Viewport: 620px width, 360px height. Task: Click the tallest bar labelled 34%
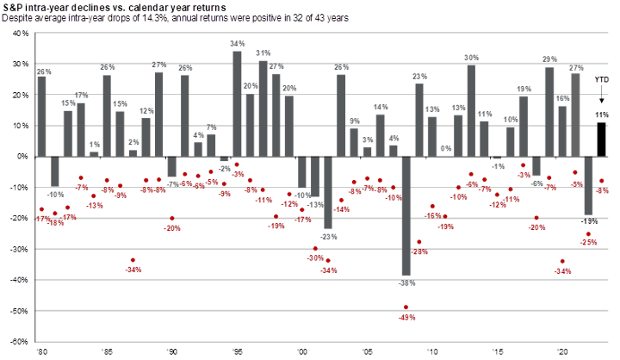(237, 103)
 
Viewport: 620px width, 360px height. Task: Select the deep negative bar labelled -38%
(406, 215)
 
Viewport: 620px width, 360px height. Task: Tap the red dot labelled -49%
(406, 307)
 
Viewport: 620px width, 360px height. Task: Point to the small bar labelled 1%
(93, 153)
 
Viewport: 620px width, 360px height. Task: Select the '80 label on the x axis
(40, 352)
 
